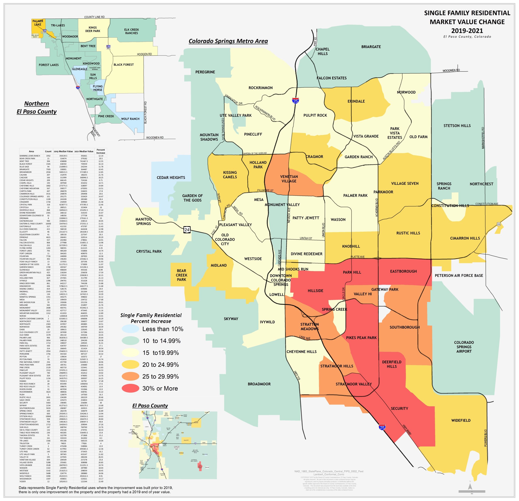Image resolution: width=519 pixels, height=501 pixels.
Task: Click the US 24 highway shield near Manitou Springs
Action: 187,230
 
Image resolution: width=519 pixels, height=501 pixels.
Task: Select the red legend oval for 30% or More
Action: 130,388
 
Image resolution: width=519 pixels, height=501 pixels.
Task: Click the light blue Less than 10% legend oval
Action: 130,329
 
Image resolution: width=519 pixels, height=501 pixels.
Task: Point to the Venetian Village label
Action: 289,179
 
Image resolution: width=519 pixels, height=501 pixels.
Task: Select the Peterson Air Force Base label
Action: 459,275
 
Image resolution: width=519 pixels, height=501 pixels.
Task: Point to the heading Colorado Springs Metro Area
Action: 228,41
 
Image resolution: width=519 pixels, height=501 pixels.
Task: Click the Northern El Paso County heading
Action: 36,107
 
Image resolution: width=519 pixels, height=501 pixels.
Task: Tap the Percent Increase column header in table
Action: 101,151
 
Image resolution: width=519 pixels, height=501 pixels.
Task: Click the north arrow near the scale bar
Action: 470,486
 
